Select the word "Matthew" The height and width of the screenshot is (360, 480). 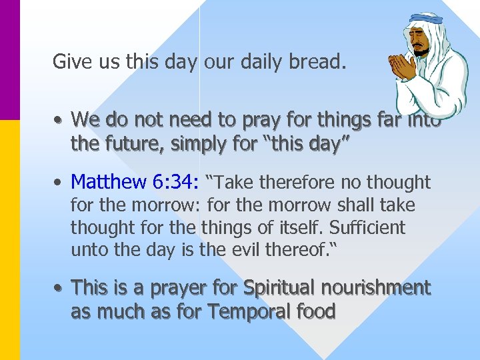point(106,181)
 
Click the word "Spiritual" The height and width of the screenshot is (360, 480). point(279,287)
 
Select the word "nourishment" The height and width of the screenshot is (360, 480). point(376,287)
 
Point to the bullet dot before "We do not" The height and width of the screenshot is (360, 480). point(59,120)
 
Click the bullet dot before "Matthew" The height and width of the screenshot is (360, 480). point(59,182)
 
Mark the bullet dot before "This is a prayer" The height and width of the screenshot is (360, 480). point(59,288)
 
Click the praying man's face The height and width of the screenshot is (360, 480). point(421,42)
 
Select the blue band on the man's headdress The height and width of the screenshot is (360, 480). point(424,19)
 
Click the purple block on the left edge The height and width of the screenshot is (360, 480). point(10,60)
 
